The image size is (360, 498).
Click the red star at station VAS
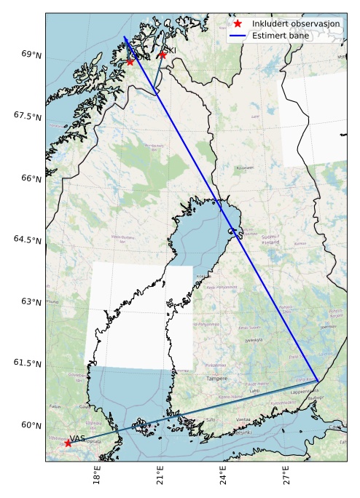coord(68,443)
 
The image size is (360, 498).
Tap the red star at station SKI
coord(163,55)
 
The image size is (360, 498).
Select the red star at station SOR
coord(130,61)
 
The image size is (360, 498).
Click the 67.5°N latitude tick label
coord(26,116)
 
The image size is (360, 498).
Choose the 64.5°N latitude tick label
coord(26,240)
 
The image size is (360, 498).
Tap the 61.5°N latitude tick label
coord(26,363)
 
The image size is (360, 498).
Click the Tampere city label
coord(217,379)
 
